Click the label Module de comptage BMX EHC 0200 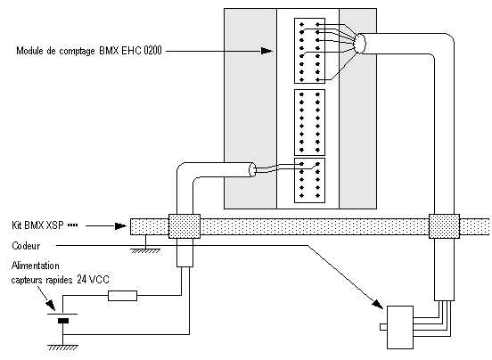pyautogui.click(x=89, y=51)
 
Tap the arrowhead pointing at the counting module pyautogui.click(x=266, y=51)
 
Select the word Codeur pyautogui.click(x=26, y=246)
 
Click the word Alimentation pyautogui.click(x=35, y=266)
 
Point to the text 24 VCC pyautogui.click(x=94, y=280)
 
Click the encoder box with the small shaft pyautogui.click(x=400, y=327)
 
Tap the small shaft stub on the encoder pyautogui.click(x=383, y=327)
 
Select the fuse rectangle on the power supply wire pyautogui.click(x=122, y=296)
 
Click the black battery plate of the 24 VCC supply pyautogui.click(x=63, y=321)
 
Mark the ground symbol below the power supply pyautogui.click(x=62, y=348)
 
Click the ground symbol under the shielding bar pyautogui.click(x=145, y=251)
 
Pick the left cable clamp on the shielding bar pyautogui.click(x=184, y=226)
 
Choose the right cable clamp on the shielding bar pyautogui.click(x=444, y=226)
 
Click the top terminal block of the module pyautogui.click(x=309, y=51)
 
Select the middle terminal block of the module pyautogui.click(x=309, y=122)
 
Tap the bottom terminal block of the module pyautogui.click(x=309, y=180)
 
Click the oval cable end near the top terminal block pyautogui.click(x=359, y=44)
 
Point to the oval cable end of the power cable pyautogui.click(x=252, y=169)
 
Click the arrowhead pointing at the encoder pyautogui.click(x=378, y=304)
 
